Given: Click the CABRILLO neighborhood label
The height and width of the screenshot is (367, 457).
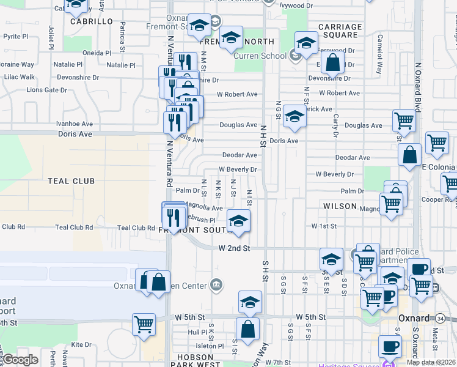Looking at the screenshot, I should click(92, 21).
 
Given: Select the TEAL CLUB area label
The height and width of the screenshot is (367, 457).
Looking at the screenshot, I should click(71, 181).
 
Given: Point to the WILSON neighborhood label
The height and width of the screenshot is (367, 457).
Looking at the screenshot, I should click(340, 206).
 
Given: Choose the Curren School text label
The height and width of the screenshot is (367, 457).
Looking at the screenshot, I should click(261, 56).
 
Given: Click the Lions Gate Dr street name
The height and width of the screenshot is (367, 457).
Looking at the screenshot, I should click(46, 90).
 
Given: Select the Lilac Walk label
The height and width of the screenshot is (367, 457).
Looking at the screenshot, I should click(19, 77).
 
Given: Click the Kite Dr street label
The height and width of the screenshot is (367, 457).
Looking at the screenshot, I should click(81, 345).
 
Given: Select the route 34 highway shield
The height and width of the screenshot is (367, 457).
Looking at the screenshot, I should click(440, 319).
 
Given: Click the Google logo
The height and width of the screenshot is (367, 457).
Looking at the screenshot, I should click(20, 360).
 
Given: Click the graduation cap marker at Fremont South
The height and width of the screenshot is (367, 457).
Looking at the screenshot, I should click(238, 221).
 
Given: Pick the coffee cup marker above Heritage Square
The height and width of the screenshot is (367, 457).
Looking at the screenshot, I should click(390, 347).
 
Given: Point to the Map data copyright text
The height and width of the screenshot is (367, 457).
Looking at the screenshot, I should click(431, 362).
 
